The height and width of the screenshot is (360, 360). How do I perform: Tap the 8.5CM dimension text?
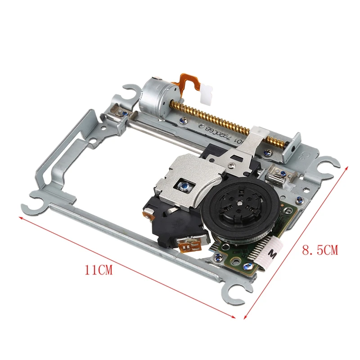tap(319, 250)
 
